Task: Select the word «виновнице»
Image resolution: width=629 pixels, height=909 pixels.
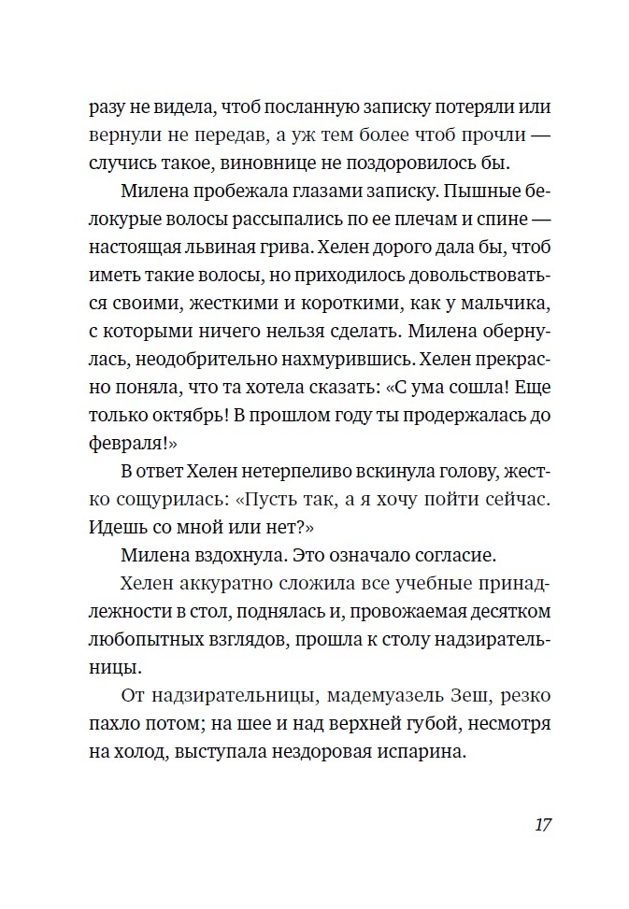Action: [304, 163]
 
